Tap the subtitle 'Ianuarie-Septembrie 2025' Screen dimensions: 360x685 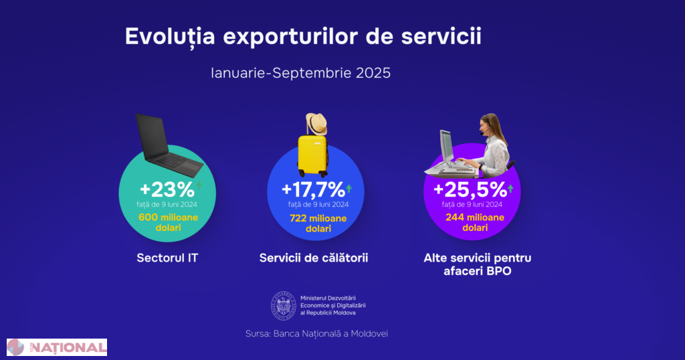(300, 72)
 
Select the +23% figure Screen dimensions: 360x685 (167, 189)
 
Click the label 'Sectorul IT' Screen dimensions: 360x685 (167, 257)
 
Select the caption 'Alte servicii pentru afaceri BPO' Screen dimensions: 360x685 (477, 264)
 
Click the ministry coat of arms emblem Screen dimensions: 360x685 (283, 305)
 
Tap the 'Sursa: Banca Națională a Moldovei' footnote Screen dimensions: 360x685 (316, 333)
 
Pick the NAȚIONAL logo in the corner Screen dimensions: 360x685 (57, 347)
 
